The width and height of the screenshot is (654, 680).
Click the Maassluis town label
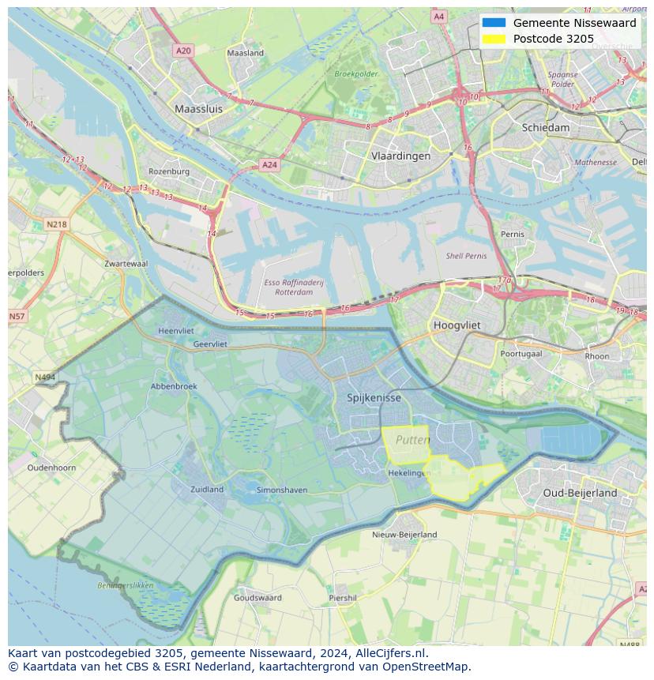click(198, 109)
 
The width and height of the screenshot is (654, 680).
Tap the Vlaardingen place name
click(400, 156)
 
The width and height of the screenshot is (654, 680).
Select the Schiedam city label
click(545, 127)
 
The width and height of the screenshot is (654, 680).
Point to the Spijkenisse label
click(374, 398)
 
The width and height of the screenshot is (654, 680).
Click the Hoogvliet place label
click(457, 325)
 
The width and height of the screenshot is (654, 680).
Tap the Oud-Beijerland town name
click(580, 493)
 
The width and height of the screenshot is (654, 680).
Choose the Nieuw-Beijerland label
click(404, 535)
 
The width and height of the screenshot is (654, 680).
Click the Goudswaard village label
click(257, 598)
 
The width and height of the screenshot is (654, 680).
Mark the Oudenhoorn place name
click(51, 468)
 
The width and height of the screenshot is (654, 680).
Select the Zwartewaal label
click(126, 264)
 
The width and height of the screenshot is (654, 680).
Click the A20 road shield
click(183, 51)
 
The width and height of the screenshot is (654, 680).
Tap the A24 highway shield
click(269, 165)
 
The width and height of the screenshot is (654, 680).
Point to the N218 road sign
click(56, 224)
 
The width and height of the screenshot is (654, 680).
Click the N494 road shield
click(45, 378)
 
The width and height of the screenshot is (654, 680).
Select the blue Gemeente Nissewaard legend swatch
click(494, 23)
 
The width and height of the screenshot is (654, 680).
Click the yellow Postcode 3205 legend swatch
click(494, 39)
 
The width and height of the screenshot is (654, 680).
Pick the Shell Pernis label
click(466, 256)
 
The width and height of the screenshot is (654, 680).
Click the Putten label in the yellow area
click(412, 440)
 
